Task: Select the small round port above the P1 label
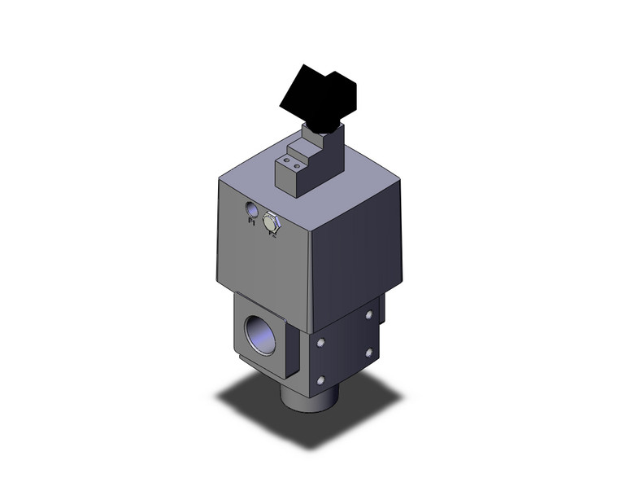coord(251,213)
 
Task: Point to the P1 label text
coord(251,228)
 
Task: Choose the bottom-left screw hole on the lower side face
coord(323,380)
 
